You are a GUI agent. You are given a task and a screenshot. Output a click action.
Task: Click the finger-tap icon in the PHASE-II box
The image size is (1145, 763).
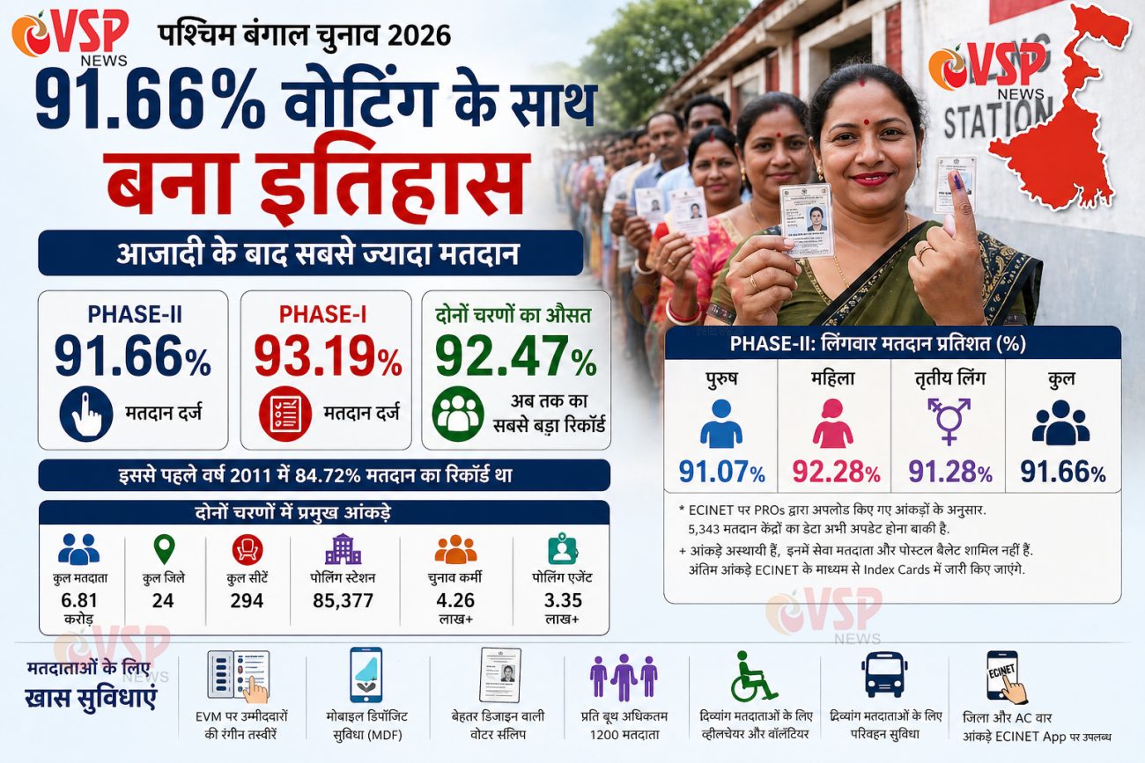coord(86,415)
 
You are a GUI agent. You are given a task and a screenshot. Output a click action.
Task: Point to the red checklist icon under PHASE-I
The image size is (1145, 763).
coord(284,415)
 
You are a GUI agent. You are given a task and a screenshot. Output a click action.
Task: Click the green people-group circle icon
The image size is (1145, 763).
coord(458,415)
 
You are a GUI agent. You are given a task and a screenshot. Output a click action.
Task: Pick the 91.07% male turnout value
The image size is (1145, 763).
coord(721,472)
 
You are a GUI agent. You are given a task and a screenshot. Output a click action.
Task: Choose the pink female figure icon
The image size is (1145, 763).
coord(832,423)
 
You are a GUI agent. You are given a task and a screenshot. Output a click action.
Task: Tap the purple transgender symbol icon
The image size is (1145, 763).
coord(948,421)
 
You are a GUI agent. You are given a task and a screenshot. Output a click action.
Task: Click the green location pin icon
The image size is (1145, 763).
coord(164,549)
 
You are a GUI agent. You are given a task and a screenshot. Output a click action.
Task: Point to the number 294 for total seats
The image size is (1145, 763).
coord(247,601)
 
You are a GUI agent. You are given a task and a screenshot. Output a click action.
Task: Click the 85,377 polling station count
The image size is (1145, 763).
coord(343,601)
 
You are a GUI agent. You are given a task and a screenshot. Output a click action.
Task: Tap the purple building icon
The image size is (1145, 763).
coord(343,549)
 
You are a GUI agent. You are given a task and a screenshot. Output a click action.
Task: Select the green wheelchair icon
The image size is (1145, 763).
coord(753,676)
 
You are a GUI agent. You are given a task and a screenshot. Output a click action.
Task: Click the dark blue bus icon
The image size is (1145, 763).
coord(883,675)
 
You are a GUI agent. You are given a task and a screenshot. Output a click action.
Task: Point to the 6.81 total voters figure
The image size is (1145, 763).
coord(78,601)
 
